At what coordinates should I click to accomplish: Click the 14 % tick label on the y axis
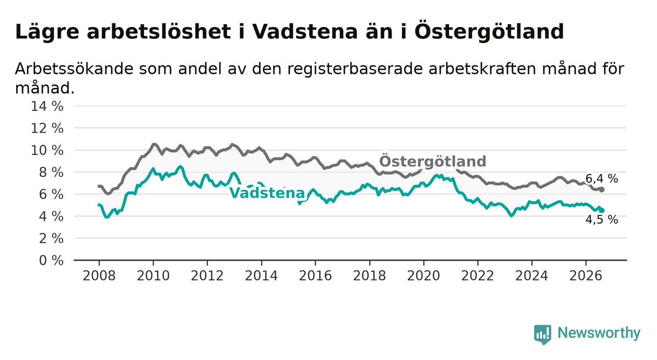[x=47, y=106]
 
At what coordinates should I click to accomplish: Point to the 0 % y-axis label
[x=51, y=260]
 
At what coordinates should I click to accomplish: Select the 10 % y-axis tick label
[x=47, y=151]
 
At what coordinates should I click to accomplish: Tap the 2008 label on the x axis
[x=99, y=276]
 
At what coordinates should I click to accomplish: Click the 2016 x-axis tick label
[x=315, y=276]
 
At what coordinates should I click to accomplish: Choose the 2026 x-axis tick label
[x=586, y=276]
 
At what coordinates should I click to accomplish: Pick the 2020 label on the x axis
[x=424, y=276]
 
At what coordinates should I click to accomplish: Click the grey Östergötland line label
[x=432, y=161]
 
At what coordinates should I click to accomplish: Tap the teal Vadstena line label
[x=267, y=193]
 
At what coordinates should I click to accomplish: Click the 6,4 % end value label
[x=602, y=179]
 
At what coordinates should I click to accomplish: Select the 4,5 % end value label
[x=602, y=219]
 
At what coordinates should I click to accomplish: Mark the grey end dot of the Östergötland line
[x=602, y=190]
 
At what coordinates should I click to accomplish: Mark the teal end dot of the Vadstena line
[x=602, y=210]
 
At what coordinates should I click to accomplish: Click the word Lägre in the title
[x=47, y=32]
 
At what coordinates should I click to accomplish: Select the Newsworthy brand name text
[x=599, y=333]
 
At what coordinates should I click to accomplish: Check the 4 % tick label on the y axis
[x=51, y=216]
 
